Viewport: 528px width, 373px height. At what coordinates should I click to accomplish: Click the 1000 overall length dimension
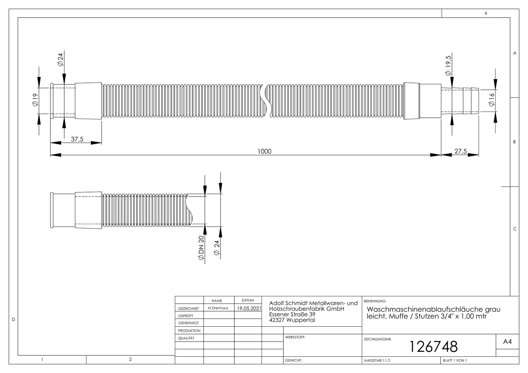[264, 151]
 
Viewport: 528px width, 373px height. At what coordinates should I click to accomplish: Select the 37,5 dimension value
[77, 139]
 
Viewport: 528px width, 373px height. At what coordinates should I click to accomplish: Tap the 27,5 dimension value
[460, 151]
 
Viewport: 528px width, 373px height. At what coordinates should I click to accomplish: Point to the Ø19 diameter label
[35, 100]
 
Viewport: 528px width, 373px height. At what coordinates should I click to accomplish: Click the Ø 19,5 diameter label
[448, 66]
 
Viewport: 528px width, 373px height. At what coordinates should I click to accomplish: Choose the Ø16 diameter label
[491, 100]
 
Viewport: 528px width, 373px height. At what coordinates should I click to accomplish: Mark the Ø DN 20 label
[201, 248]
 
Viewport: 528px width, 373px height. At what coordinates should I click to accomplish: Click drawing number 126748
[433, 346]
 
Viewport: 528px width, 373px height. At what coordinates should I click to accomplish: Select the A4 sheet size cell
[507, 342]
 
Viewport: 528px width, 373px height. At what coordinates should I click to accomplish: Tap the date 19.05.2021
[249, 308]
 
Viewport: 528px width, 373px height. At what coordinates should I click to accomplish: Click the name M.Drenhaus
[218, 308]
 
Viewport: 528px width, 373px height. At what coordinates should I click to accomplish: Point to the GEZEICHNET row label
[188, 308]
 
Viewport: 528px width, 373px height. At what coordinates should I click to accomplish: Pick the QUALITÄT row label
[186, 338]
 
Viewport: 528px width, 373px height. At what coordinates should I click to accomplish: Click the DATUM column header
[248, 300]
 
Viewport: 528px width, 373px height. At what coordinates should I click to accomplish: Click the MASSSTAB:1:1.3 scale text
[377, 361]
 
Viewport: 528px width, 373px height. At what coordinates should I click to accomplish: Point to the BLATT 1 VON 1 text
[455, 361]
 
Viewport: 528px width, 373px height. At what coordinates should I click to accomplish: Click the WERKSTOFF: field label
[295, 337]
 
